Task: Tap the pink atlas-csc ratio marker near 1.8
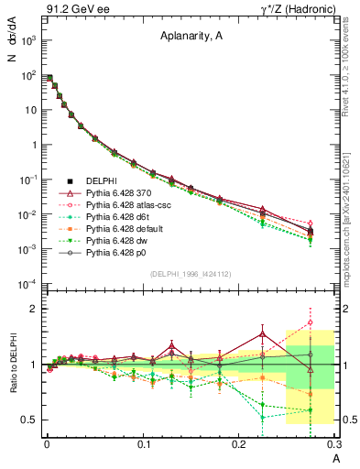point(311,322)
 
